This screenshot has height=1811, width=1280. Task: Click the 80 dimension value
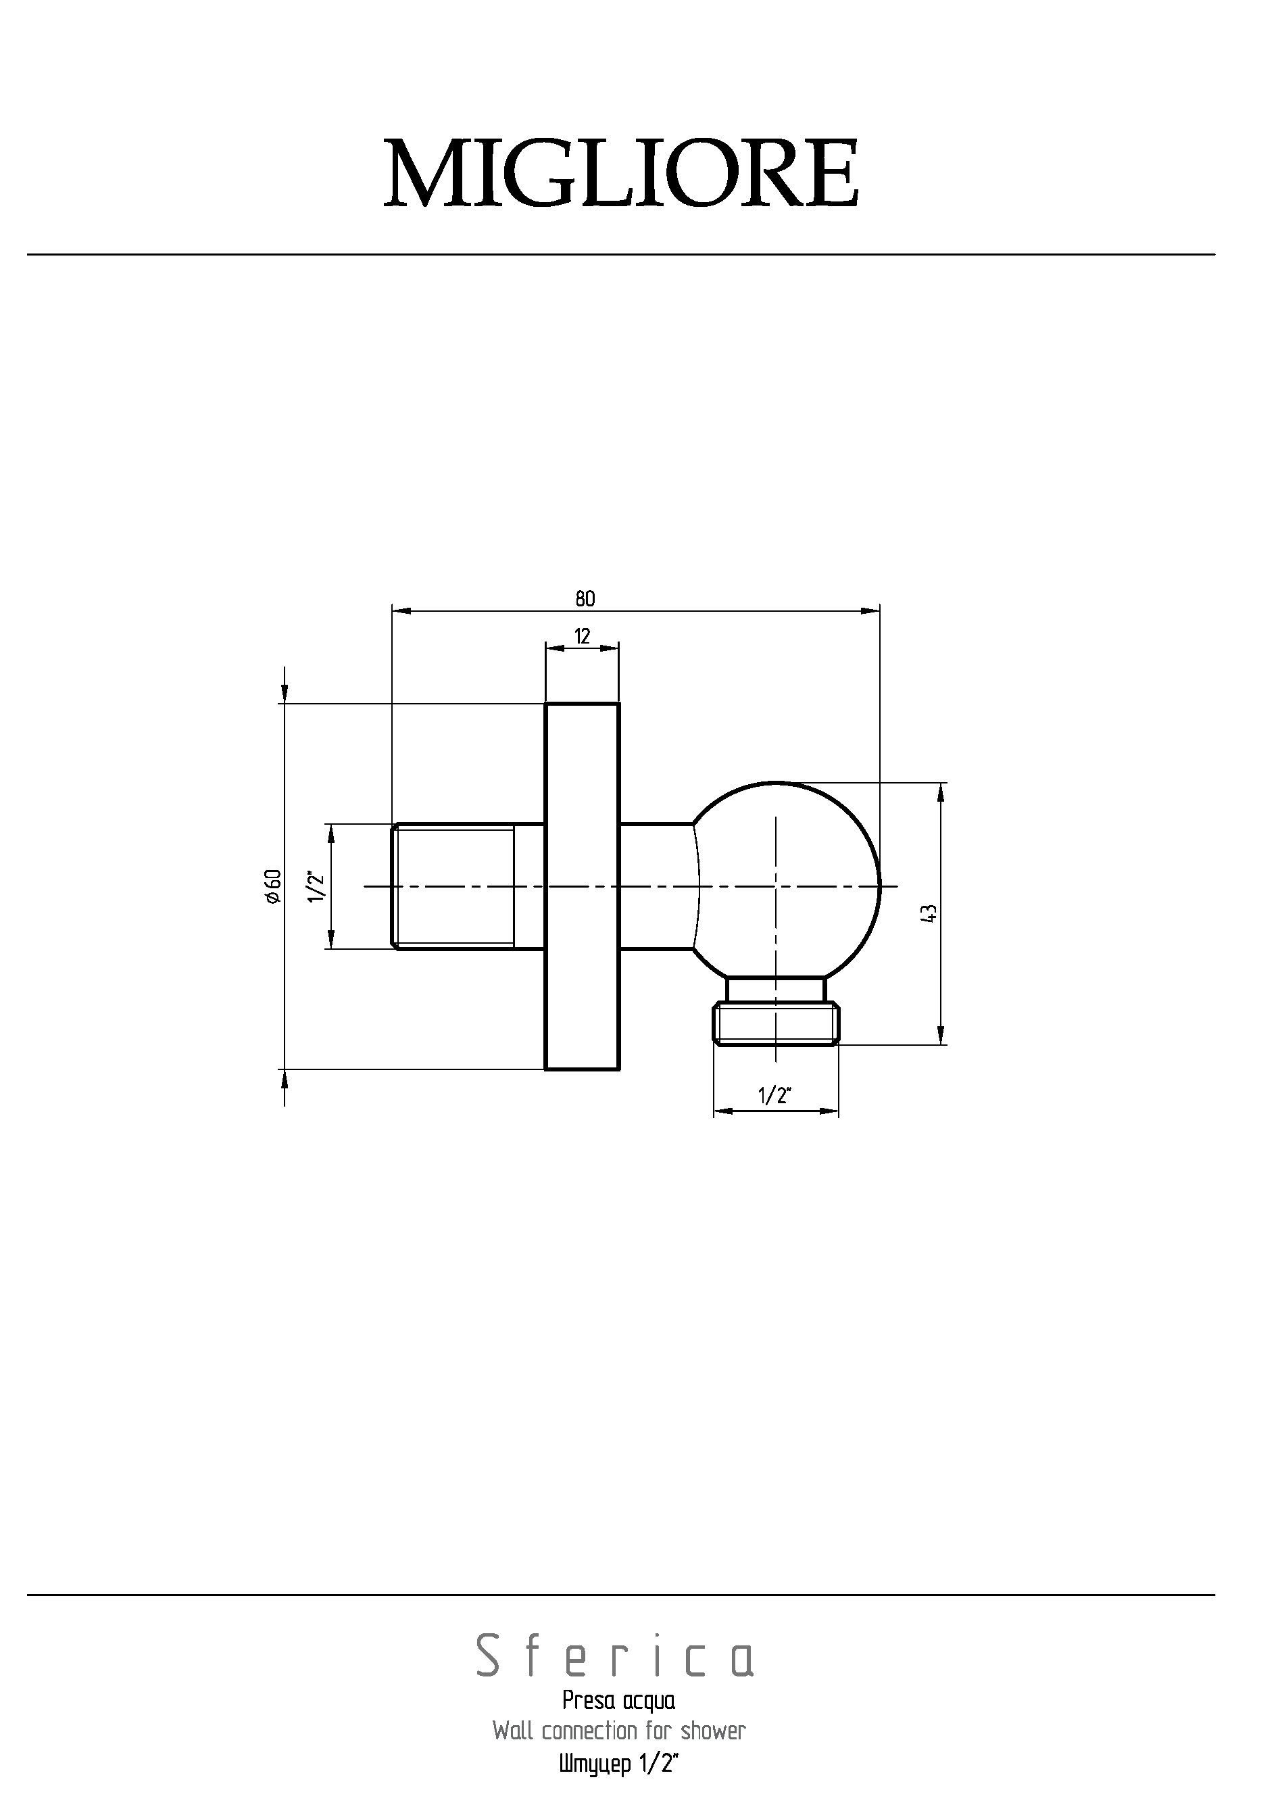click(585, 599)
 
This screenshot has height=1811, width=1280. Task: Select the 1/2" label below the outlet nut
click(774, 1096)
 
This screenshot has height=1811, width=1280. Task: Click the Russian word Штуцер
click(595, 1764)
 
